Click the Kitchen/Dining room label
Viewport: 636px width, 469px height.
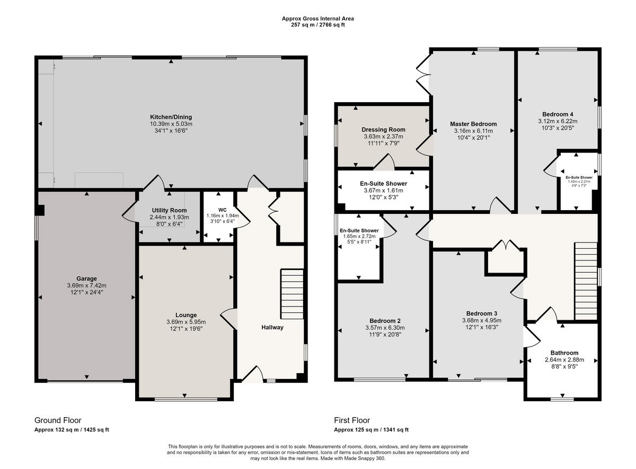coord(171,117)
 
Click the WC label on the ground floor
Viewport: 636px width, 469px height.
coord(222,209)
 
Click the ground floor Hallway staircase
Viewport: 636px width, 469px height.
coord(291,294)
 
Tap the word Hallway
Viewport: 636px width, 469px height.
coord(272,327)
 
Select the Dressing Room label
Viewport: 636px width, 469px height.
coord(383,129)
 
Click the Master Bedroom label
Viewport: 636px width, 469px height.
coord(473,124)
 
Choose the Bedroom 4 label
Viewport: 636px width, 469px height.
coord(558,114)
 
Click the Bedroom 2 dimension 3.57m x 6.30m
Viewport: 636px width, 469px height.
coord(384,328)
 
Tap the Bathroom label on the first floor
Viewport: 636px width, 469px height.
coord(564,353)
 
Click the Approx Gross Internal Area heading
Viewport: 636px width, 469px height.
coord(317,19)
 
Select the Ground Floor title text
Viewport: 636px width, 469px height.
coord(58,420)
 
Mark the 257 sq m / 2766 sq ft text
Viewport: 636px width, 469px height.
coord(317,25)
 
